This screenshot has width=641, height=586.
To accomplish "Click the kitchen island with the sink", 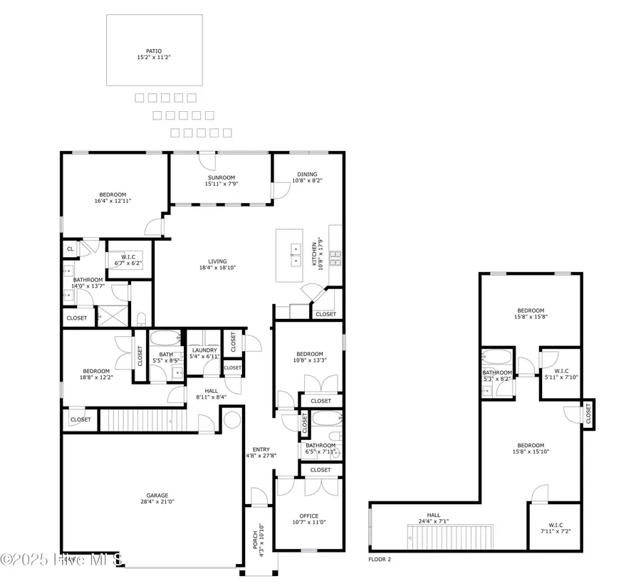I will pyautogui.click(x=295, y=253).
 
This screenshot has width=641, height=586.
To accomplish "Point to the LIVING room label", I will pyautogui.click(x=218, y=264).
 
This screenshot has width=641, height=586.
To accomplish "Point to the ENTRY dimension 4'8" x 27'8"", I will pyautogui.click(x=261, y=456).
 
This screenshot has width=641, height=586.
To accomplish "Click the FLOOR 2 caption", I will pyautogui.click(x=380, y=560).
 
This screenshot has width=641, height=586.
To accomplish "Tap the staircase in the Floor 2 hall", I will pyautogui.click(x=449, y=535).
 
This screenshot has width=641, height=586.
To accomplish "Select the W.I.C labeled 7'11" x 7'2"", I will pyautogui.click(x=556, y=528).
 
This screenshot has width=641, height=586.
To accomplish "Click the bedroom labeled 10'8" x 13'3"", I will pyautogui.click(x=309, y=357).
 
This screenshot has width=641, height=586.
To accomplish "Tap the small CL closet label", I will pyautogui.click(x=70, y=249).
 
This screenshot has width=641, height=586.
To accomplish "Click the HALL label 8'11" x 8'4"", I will pyautogui.click(x=212, y=394).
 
